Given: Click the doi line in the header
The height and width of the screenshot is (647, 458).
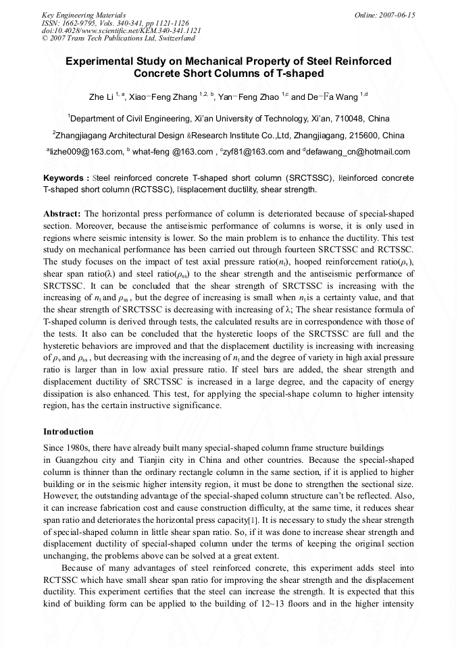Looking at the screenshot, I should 121,31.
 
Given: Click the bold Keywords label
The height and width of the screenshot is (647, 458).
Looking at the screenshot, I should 65,178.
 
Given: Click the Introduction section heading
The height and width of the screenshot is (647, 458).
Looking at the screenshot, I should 68,432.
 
